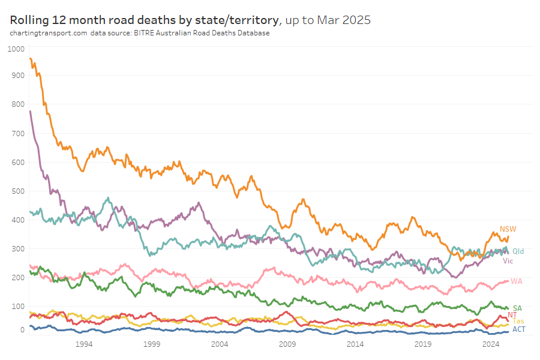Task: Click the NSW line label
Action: click(x=508, y=229)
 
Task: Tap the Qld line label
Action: click(x=518, y=251)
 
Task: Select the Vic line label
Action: click(x=508, y=261)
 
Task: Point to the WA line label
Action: click(x=516, y=281)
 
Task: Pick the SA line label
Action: click(x=517, y=308)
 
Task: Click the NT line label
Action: click(x=512, y=315)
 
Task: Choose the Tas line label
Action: click(x=518, y=322)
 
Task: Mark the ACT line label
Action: click(x=519, y=329)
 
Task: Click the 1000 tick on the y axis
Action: click(x=17, y=49)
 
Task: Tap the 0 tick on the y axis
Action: click(x=23, y=330)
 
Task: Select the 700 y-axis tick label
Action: click(x=19, y=134)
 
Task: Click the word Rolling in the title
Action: click(x=29, y=20)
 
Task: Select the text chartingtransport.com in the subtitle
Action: click(x=49, y=33)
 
